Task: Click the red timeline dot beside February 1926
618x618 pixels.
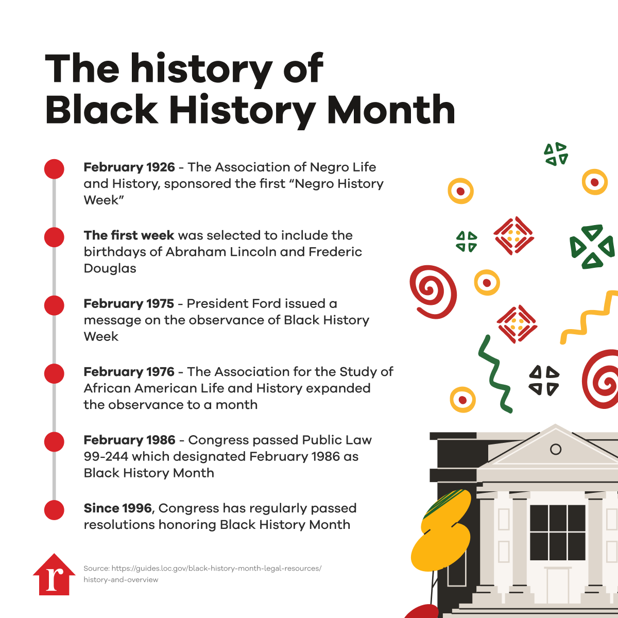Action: click(54, 169)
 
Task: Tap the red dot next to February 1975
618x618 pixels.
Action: click(54, 305)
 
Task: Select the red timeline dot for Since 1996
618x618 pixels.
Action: click(54, 510)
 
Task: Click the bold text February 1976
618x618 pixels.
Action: click(129, 372)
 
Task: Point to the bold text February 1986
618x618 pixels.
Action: click(130, 440)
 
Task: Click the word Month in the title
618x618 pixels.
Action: click(391, 110)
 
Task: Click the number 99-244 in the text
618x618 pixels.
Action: click(106, 456)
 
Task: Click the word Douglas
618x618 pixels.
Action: click(110, 268)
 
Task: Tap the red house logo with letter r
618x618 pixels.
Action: click(54, 574)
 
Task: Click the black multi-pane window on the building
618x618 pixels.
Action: click(557, 533)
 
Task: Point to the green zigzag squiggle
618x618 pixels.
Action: click(494, 373)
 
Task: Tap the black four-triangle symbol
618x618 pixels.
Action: click(544, 381)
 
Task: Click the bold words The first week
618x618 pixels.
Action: click(129, 235)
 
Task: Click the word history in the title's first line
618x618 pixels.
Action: click(201, 70)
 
